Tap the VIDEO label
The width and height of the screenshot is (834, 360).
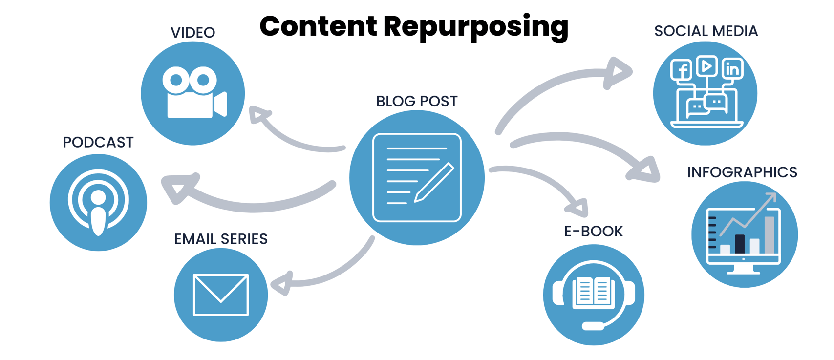pos(192,33)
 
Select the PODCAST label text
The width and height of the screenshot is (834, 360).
pos(98,142)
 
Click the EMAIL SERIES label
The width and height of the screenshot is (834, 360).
pos(221,239)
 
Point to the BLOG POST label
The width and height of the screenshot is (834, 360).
pos(417,101)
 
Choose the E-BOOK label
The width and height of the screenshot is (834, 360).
pos(593,231)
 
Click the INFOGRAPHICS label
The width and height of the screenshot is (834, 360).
pos(742,172)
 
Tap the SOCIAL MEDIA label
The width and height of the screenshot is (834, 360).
pos(706,31)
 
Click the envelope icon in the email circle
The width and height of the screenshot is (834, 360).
pos(221,295)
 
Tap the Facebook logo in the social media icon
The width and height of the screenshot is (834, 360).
pos(682,70)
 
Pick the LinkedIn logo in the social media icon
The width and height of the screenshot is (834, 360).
pos(732,69)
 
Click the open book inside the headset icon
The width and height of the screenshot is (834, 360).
pos(594,293)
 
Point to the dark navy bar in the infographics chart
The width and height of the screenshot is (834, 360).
pos(740,244)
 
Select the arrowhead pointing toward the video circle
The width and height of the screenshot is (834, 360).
pos(259,115)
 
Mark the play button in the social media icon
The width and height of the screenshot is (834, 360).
pos(706,66)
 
